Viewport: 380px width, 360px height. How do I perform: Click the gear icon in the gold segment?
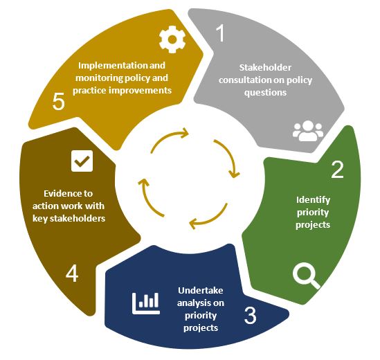tap(172, 39)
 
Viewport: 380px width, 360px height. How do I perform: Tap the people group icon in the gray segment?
tap(308, 131)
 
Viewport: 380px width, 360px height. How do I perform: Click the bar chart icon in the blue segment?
tap(146, 303)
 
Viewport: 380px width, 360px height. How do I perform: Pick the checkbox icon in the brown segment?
tap(82, 161)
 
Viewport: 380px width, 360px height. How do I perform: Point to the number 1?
tap(220, 33)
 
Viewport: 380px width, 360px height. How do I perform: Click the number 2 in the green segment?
tap(337, 170)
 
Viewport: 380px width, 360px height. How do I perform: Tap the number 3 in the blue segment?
tap(250, 315)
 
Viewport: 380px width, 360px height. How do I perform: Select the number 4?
tap(72, 273)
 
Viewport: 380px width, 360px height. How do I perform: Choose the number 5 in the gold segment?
tap(59, 101)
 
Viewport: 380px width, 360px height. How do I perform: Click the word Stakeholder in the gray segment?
tap(265, 67)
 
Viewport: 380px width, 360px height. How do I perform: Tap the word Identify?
tap(313, 200)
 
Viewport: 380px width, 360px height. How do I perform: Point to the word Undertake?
tap(201, 290)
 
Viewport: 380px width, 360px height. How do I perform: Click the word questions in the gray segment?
tap(265, 93)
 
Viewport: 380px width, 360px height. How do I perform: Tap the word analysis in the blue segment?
tap(192, 303)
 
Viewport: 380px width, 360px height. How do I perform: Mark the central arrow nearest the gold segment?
tap(168, 136)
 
